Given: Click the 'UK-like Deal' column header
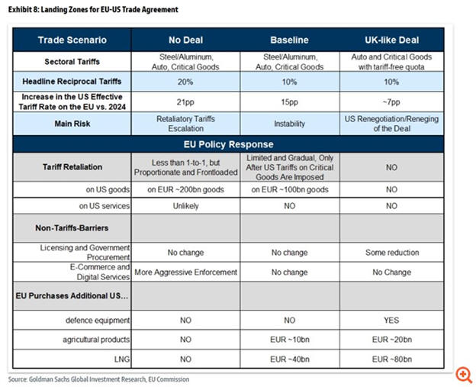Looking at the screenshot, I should pos(392,40).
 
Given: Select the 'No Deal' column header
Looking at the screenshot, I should pos(186,40).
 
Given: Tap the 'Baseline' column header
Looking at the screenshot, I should pos(289,40).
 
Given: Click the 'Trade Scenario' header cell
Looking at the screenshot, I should pos(72,40).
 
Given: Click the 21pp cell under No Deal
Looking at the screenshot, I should pos(186,102).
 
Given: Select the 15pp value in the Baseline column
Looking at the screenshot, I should pos(289,102).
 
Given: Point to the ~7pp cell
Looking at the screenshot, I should pos(392,102).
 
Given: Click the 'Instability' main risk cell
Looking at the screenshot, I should pos(289,122).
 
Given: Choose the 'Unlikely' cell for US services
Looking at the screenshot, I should pos(186,205).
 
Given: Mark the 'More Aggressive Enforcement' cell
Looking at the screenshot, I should pos(186,271).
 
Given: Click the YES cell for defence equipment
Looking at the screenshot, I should pos(392,321).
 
